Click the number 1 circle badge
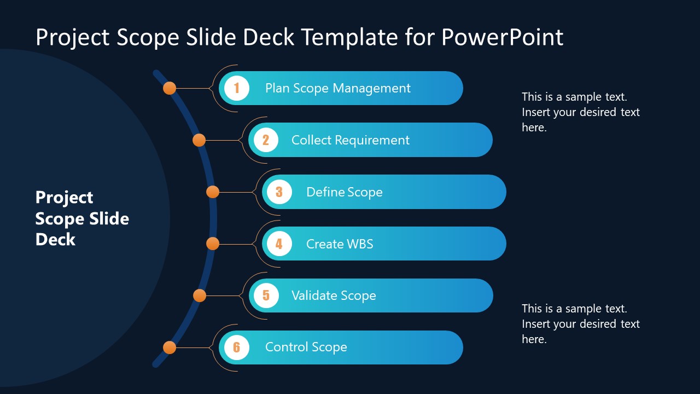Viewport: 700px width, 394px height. [237, 88]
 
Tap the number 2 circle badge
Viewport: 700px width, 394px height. [266, 140]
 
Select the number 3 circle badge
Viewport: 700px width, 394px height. [279, 192]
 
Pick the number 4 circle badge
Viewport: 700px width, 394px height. [279, 244]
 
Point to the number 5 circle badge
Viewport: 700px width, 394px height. [266, 296]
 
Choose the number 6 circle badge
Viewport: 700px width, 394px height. [237, 347]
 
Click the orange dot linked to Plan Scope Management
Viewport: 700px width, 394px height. [170, 88]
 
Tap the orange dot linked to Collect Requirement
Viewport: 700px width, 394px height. [199, 140]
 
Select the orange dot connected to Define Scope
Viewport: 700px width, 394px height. [213, 192]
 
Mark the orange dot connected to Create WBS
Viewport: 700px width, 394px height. [213, 244]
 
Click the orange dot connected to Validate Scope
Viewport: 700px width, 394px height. [200, 296]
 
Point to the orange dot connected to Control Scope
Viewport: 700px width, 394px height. [170, 347]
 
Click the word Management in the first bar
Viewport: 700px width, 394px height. [371, 89]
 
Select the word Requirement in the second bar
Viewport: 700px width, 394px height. [372, 141]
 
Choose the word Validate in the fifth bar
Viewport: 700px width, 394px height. [314, 296]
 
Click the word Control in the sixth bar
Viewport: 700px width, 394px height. [286, 347]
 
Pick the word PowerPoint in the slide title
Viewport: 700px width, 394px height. [502, 37]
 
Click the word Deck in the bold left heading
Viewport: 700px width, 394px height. [55, 240]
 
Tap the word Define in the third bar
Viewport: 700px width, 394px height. [324, 192]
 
